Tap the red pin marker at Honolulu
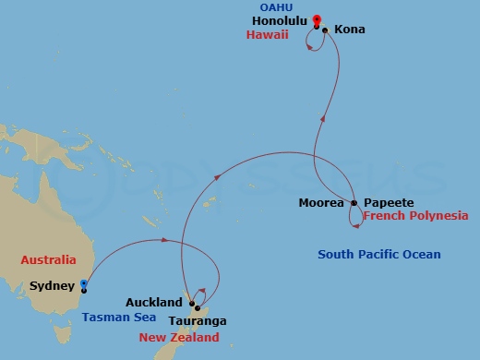click(317, 19)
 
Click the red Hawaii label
click(268, 35)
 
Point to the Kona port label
click(349, 30)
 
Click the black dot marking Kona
click(325, 30)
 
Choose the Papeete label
click(388, 202)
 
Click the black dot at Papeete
click(354, 202)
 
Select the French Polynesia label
click(415, 216)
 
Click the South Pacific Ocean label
click(378, 255)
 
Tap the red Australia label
click(49, 261)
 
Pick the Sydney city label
click(53, 286)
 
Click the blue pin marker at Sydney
click(83, 284)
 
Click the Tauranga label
click(198, 321)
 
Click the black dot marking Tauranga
click(198, 308)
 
